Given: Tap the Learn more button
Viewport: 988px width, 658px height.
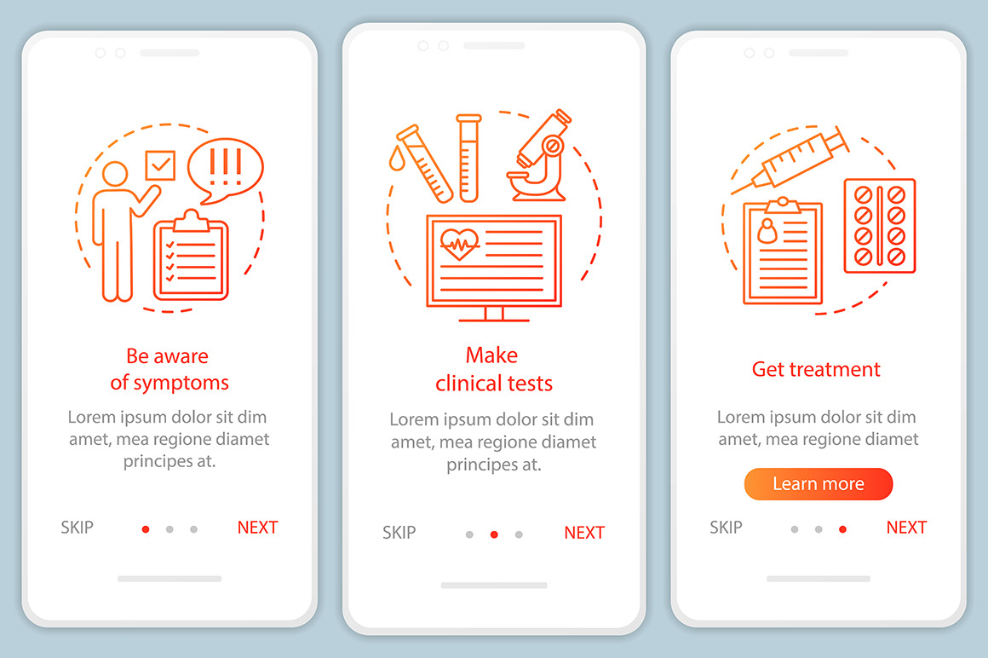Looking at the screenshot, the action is (818, 484).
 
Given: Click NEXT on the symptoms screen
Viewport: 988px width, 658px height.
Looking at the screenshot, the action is (257, 528).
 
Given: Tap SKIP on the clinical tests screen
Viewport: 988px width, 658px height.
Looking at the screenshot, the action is (399, 533).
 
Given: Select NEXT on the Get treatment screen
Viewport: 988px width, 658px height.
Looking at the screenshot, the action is (906, 528).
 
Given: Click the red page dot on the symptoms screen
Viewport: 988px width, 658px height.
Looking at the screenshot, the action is (146, 529).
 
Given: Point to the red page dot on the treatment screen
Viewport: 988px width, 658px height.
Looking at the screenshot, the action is (842, 529).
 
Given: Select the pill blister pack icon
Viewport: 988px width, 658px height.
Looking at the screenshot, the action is (880, 226).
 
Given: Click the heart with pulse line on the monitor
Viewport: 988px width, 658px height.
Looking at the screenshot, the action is (459, 243).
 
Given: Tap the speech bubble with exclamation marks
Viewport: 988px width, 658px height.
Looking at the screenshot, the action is (225, 170).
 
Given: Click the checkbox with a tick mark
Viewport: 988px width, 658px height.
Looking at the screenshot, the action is (160, 165).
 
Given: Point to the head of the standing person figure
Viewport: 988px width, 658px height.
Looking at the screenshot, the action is (115, 174).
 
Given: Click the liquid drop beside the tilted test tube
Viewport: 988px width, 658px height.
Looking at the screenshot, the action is (397, 159).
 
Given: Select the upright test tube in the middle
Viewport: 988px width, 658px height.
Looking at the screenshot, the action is (468, 159).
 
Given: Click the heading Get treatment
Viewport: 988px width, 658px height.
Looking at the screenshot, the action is (816, 369).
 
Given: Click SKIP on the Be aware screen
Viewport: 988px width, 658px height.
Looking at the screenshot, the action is (77, 528).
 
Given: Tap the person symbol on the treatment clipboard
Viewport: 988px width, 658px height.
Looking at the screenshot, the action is (767, 231).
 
